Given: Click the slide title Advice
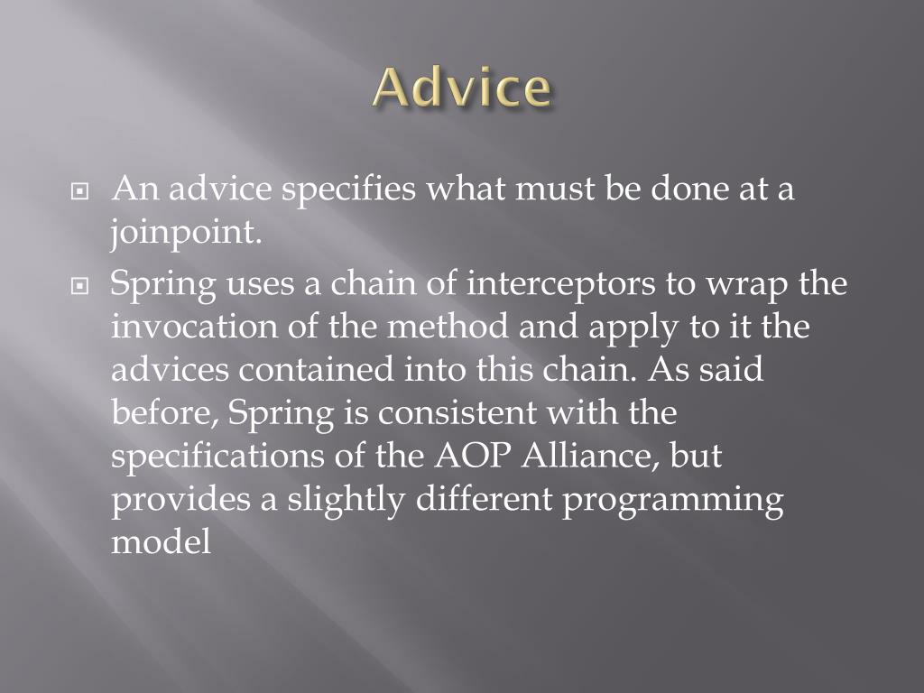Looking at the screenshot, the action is (463, 88).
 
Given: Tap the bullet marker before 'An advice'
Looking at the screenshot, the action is (79, 191).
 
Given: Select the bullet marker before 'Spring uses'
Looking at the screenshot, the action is (79, 286).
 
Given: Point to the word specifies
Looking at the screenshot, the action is (348, 189).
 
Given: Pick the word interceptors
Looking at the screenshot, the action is (561, 284).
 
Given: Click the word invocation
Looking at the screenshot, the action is (195, 327).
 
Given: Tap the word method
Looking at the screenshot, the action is (448, 326).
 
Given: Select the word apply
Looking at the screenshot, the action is (633, 328).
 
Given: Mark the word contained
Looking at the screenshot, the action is (316, 369).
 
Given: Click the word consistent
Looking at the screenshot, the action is (457, 413).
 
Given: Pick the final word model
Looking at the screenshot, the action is (161, 541).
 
